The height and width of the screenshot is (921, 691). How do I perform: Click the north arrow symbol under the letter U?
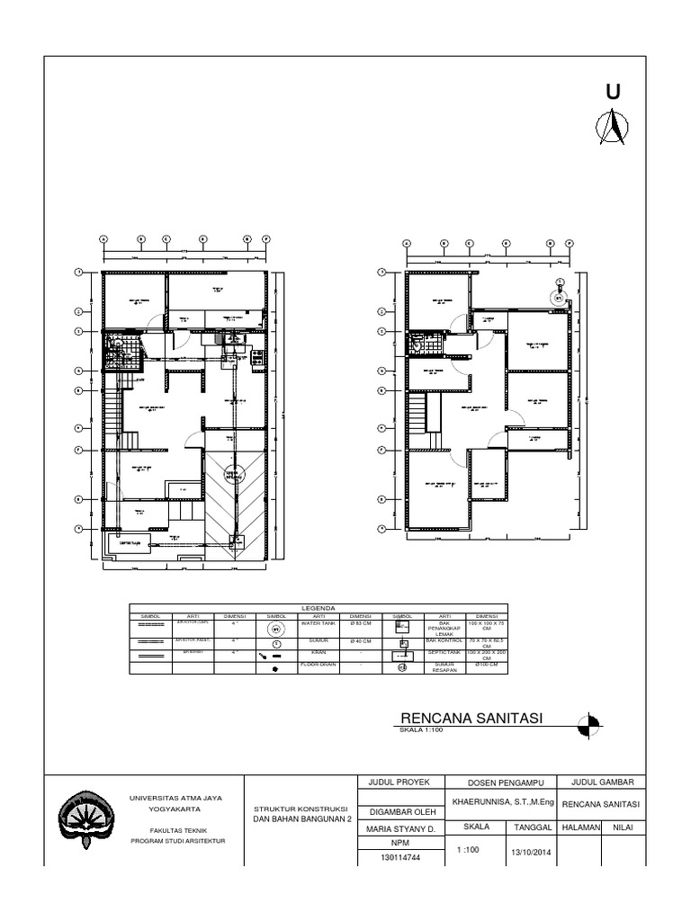(612, 127)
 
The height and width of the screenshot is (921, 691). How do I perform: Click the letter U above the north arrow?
(613, 93)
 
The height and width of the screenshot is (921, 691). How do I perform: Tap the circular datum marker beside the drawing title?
(589, 723)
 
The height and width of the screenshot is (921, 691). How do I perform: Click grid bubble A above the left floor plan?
(103, 239)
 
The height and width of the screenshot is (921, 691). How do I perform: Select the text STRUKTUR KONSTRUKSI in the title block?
(301, 809)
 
